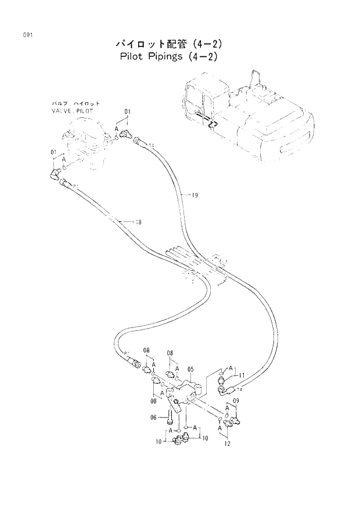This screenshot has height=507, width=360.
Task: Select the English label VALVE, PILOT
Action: click(x=72, y=109)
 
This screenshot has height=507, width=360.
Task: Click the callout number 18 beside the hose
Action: click(x=138, y=222)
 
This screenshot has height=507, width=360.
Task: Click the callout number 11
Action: click(x=242, y=376)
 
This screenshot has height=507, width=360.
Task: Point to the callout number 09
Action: click(x=236, y=401)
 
